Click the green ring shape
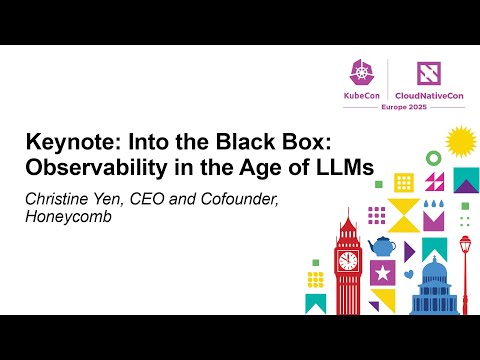click(433, 157)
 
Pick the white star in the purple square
click(381, 271)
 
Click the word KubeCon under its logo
click(361, 93)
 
